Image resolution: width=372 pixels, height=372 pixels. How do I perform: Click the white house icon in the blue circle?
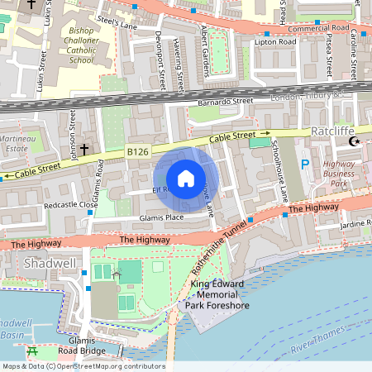pyautogui.click(x=186, y=179)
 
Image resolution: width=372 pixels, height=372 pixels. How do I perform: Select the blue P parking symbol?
pyautogui.click(x=304, y=165)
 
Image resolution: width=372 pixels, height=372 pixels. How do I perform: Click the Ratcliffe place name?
pyautogui.click(x=332, y=131)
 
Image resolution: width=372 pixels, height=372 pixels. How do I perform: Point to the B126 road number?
pyautogui.click(x=137, y=152)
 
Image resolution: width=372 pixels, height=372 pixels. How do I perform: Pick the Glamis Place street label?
pyautogui.click(x=162, y=217)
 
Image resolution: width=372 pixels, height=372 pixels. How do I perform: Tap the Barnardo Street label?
pyautogui.click(x=225, y=102)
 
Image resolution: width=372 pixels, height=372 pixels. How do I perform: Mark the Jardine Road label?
pyautogui.click(x=355, y=224)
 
